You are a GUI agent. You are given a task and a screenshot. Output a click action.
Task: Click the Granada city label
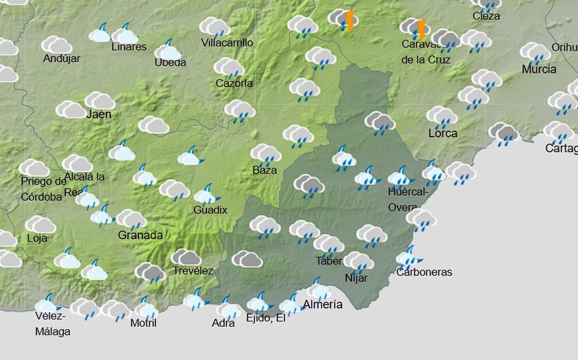pyautogui.click(x=140, y=235)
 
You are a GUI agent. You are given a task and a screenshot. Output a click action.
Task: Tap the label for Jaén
pyautogui.click(x=99, y=115)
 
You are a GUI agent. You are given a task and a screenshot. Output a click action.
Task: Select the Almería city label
pyautogui.click(x=323, y=304)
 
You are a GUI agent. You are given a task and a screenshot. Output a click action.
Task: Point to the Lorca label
pyautogui.click(x=443, y=133)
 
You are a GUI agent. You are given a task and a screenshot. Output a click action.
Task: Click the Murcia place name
pyautogui.click(x=539, y=69)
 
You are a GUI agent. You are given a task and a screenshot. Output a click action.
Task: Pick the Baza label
pyautogui.click(x=264, y=170)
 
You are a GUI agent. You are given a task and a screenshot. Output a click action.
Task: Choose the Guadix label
pyautogui.click(x=210, y=210)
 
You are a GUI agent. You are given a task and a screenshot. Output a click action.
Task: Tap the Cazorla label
pyautogui.click(x=234, y=83)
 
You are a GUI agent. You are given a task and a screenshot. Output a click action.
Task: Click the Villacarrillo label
pyautogui.click(x=227, y=43)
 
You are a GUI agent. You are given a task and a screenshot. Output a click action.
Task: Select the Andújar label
pyautogui.click(x=61, y=59)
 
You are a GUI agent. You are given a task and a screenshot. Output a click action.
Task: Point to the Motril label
pyautogui.click(x=143, y=323)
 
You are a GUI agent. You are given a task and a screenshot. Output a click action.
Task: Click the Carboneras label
pyautogui.click(x=424, y=272)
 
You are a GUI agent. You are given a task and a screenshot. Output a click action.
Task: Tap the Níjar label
pyautogui.click(x=356, y=278)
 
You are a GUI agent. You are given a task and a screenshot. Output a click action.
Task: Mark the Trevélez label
pyautogui.click(x=193, y=271)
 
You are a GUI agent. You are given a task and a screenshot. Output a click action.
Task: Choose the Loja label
pyautogui.click(x=37, y=238)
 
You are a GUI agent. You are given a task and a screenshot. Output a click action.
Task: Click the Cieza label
pyautogui.click(x=486, y=16)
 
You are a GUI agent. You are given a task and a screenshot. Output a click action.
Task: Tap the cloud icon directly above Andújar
pyautogui.click(x=56, y=45)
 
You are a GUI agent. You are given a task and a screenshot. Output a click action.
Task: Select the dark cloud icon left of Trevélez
pyautogui.click(x=150, y=272)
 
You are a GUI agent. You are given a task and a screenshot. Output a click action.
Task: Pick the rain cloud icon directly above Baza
pyautogui.click(x=266, y=154)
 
